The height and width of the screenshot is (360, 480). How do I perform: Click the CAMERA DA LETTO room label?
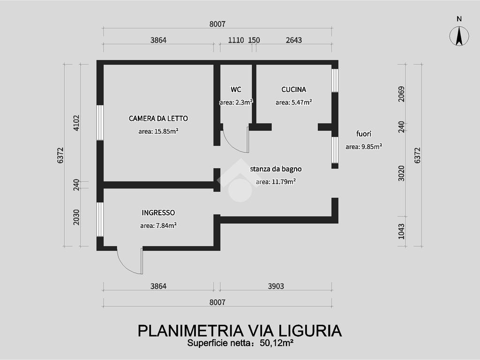(158, 119)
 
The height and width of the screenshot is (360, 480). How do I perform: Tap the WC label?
(236, 90)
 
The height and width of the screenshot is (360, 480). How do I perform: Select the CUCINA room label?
(293, 90)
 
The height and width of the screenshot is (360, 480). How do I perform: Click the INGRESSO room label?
(158, 212)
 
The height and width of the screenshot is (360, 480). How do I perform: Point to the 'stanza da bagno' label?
(276, 169)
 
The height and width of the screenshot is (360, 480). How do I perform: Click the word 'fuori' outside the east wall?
(364, 134)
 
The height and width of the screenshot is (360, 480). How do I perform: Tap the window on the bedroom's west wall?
(100, 122)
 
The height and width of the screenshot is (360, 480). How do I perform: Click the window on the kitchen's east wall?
(335, 80)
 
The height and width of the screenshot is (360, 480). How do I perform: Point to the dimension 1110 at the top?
(236, 40)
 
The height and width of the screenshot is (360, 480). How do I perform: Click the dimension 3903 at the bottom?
(276, 286)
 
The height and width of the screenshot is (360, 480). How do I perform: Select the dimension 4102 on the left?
(76, 123)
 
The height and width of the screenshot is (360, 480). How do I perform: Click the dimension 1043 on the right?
(401, 232)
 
